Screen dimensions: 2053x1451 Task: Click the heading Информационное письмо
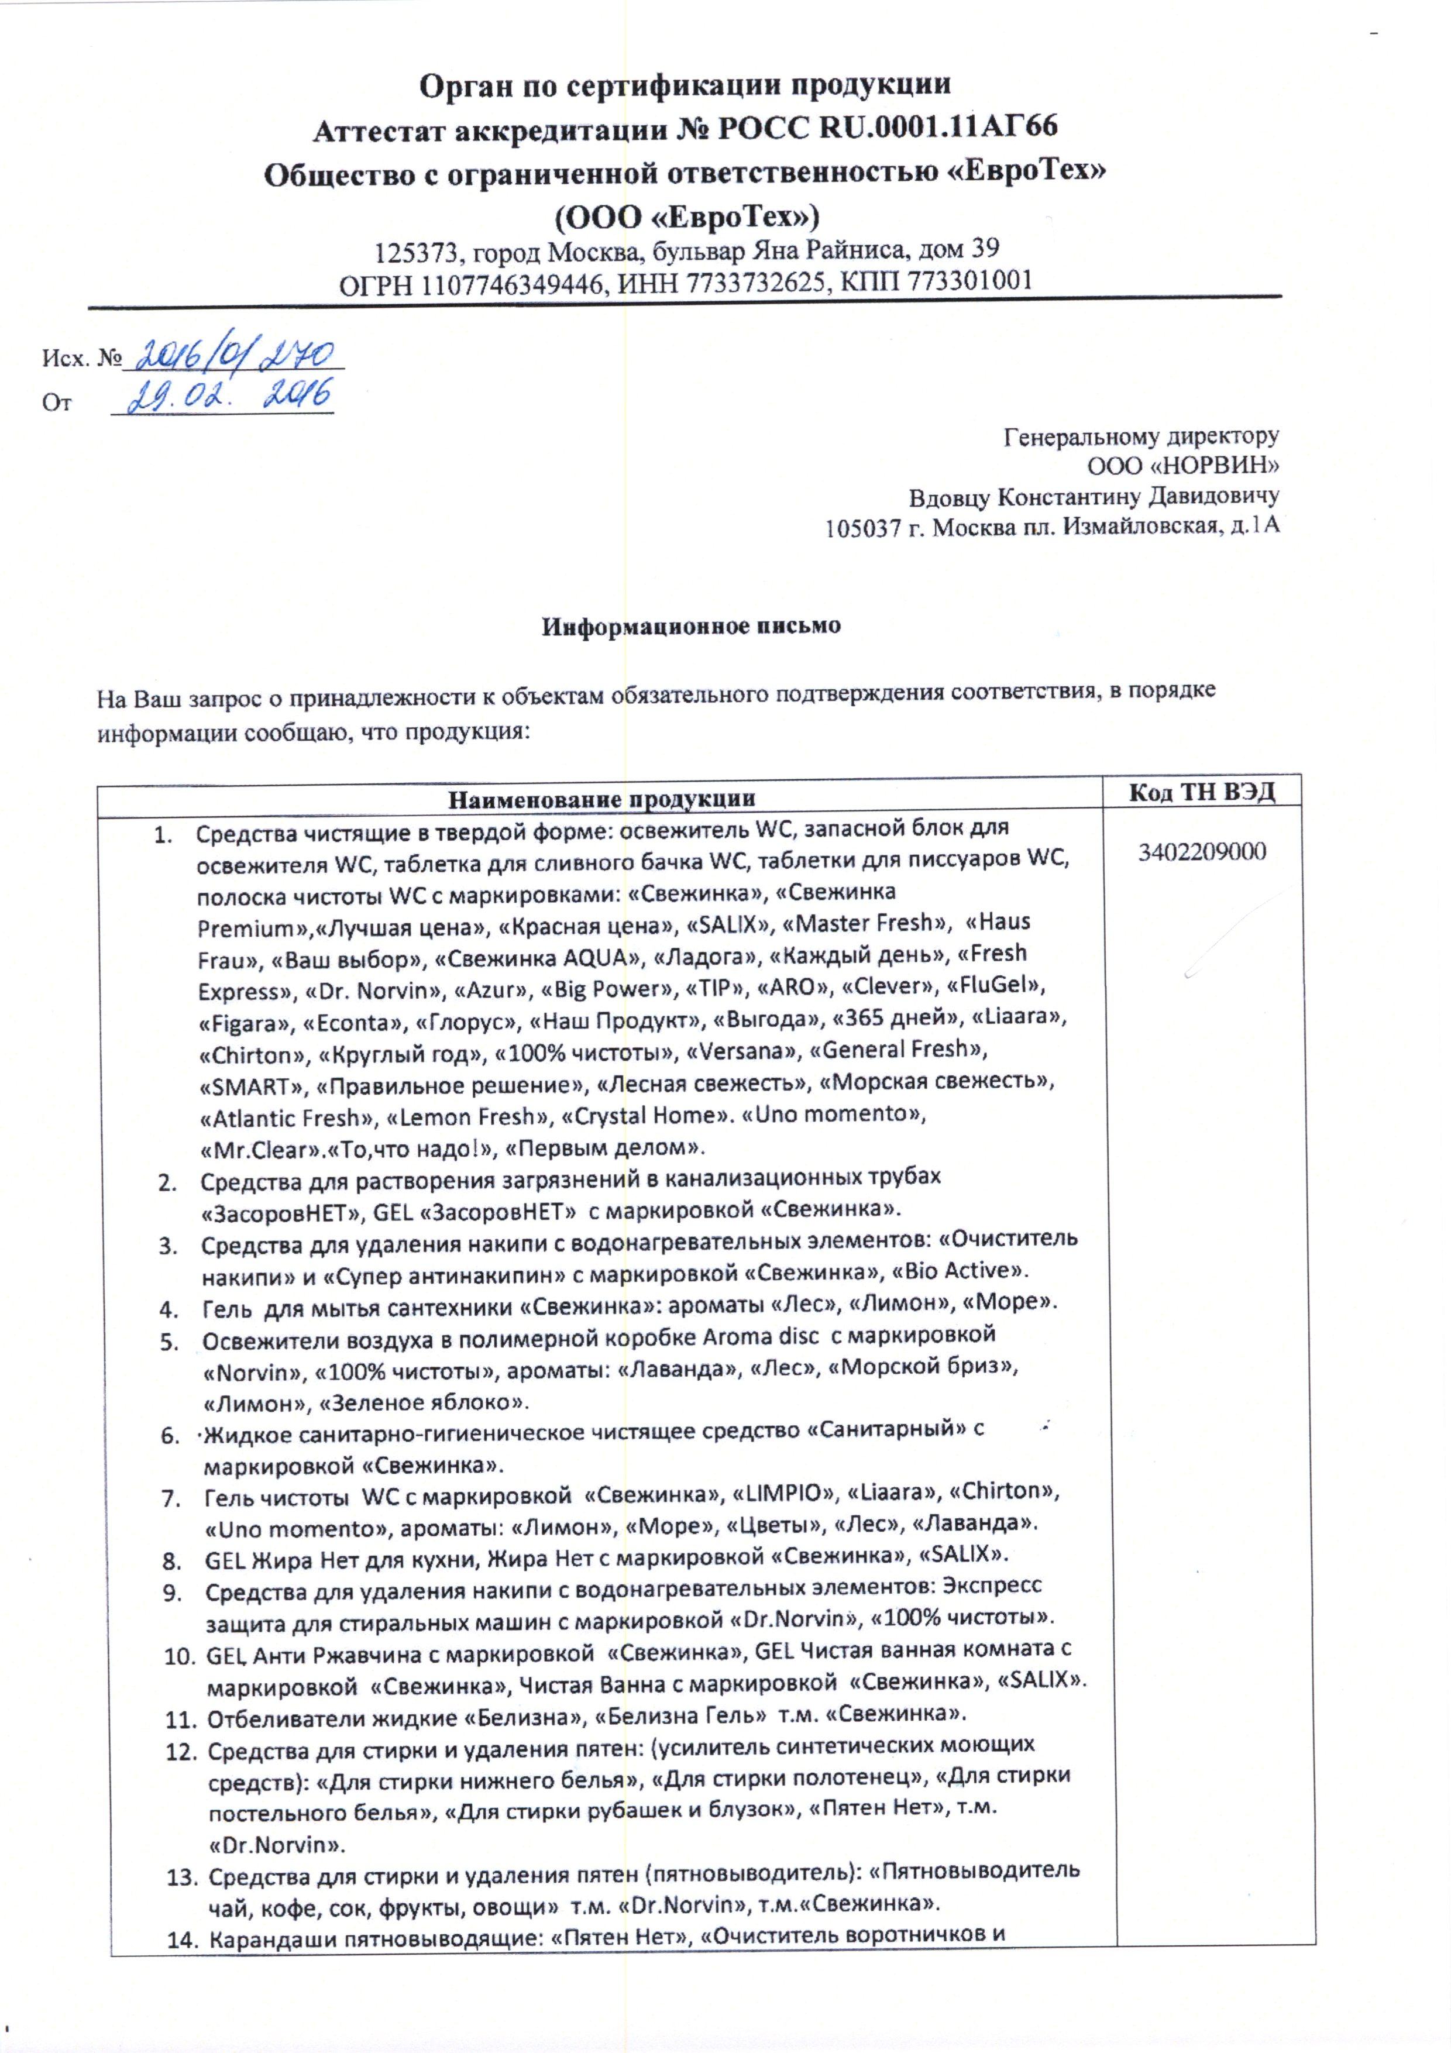[691, 625]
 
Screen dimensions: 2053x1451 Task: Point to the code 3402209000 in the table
[1202, 851]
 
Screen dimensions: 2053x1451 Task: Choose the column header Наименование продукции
[601, 797]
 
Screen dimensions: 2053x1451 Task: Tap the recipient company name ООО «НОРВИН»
[1183, 465]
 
